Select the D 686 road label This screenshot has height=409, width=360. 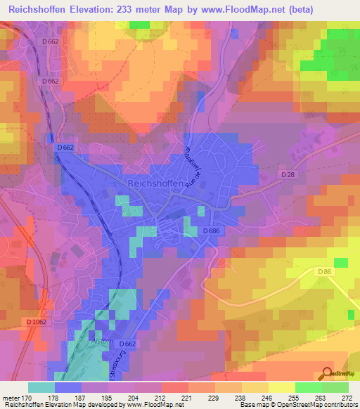pos(214,231)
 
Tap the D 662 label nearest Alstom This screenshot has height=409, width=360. pos(127,344)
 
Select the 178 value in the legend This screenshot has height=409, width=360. pos(68,397)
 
